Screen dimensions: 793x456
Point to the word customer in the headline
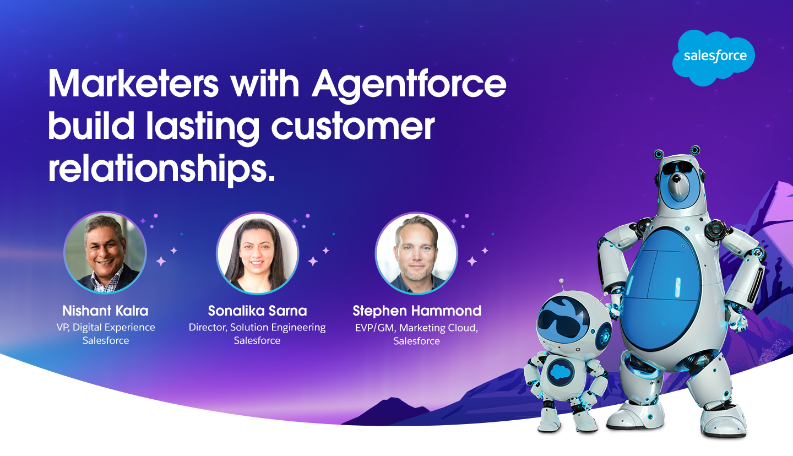[353, 127]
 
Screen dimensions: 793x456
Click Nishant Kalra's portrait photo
[105, 253]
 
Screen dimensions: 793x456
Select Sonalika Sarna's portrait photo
[257, 253]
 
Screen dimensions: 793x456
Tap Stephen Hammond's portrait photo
[416, 253]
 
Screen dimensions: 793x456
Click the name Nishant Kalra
[105, 311]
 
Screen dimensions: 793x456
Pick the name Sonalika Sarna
[257, 311]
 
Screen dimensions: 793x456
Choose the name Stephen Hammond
[417, 311]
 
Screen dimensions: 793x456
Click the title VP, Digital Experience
[106, 328]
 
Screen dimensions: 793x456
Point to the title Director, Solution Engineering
[257, 328]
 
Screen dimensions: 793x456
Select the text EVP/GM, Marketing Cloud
[416, 328]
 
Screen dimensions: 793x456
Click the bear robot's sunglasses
[677, 167]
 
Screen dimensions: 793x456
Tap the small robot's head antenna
[562, 285]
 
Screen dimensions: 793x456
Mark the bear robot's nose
[676, 179]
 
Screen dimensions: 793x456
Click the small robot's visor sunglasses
[563, 319]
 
